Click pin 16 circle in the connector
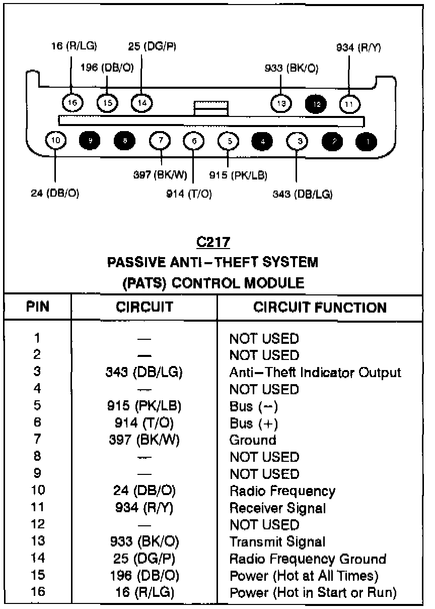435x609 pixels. [71, 103]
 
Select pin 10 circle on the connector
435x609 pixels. [55, 141]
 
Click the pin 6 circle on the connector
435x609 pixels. [194, 141]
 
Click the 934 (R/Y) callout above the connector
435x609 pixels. [358, 48]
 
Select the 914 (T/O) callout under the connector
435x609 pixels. [189, 194]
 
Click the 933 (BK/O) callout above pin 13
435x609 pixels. [292, 68]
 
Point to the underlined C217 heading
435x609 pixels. [213, 242]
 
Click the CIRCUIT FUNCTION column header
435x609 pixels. [320, 308]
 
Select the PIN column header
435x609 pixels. [38, 308]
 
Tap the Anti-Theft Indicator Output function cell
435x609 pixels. [315, 373]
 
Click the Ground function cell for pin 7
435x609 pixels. [253, 440]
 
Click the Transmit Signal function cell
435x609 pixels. [277, 542]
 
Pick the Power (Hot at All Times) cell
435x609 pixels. [304, 576]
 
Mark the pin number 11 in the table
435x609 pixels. [38, 508]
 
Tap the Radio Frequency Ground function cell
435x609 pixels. [308, 559]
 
